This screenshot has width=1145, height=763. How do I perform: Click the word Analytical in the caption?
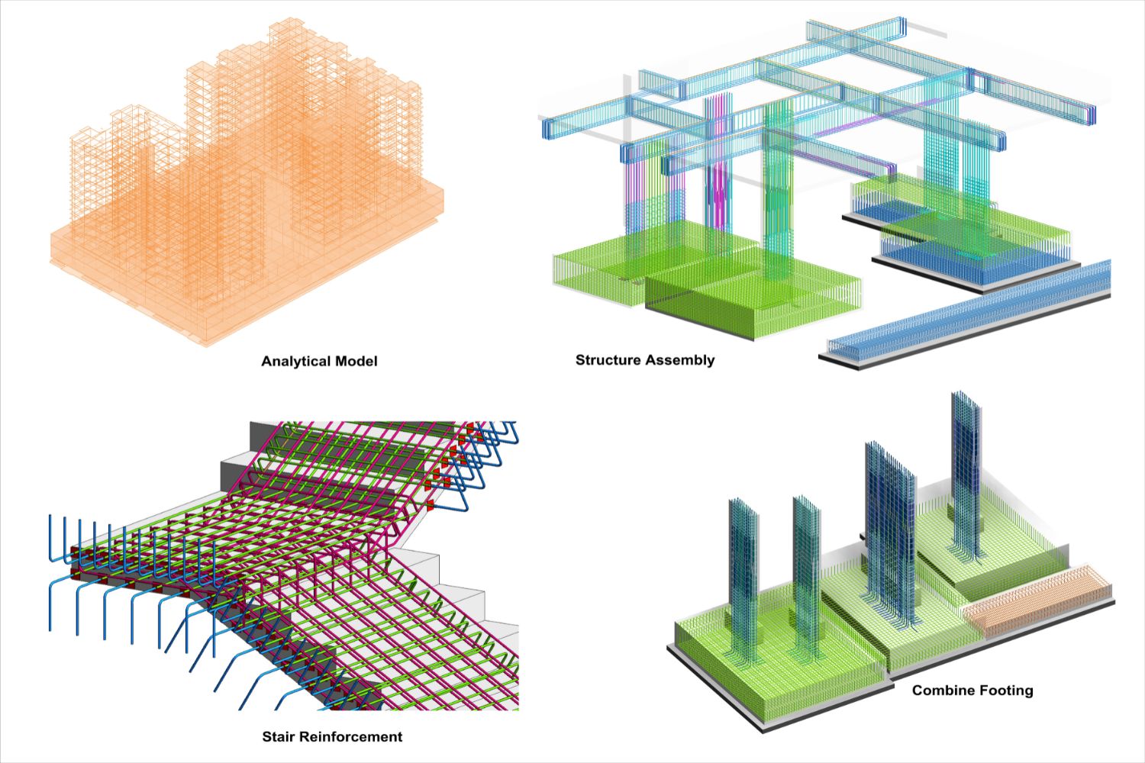pyautogui.click(x=295, y=361)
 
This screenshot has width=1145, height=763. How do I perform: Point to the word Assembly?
pyautogui.click(x=680, y=360)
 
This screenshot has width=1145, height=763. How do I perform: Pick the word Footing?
pyautogui.click(x=1007, y=691)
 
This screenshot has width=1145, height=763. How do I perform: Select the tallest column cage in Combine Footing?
pyautogui.click(x=965, y=473)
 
